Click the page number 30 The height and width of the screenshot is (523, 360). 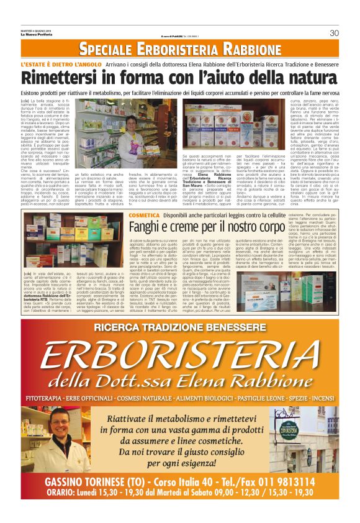tap(334, 33)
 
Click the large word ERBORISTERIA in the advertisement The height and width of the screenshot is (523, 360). tap(180, 350)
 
